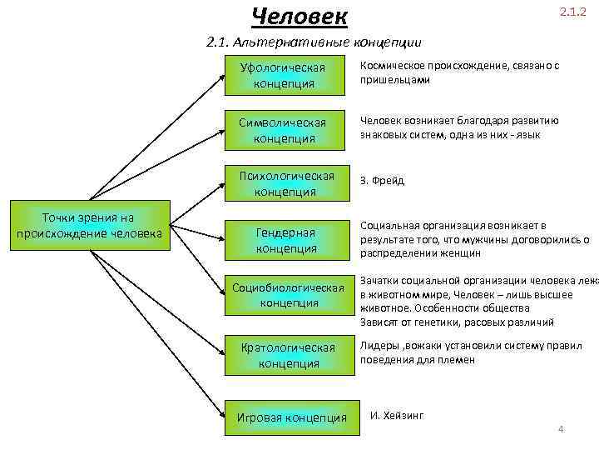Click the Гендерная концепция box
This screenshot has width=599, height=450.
click(x=286, y=240)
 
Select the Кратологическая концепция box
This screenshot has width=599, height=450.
click(x=288, y=355)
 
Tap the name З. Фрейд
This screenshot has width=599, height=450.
click(x=382, y=180)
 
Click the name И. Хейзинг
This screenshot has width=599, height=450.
click(x=397, y=414)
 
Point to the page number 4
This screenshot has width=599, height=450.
click(x=561, y=429)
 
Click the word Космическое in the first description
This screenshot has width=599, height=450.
click(x=390, y=66)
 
